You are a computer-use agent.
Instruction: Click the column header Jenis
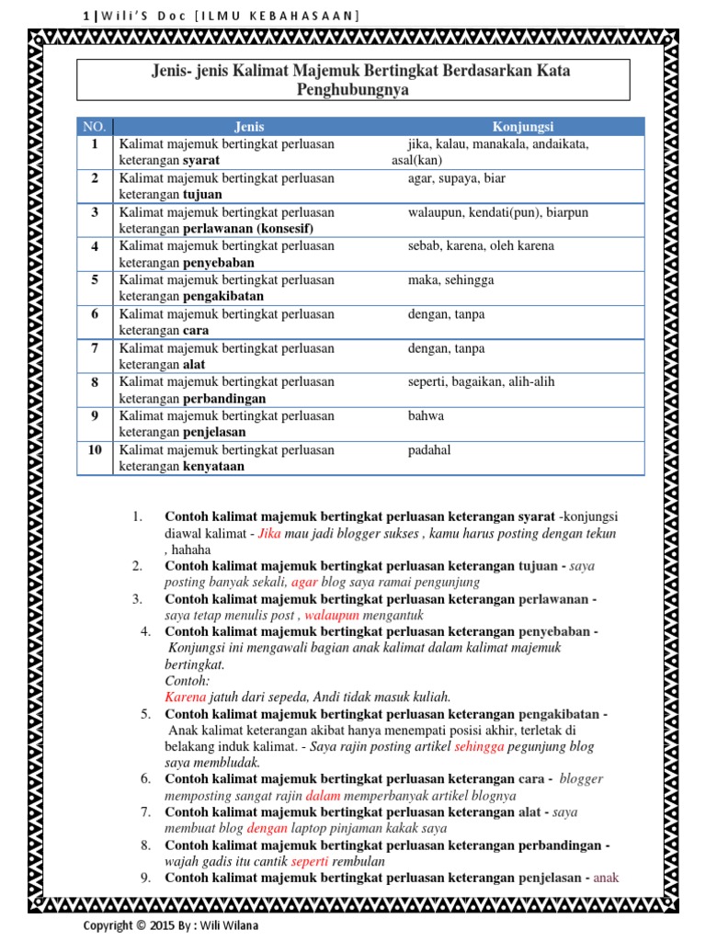point(249,127)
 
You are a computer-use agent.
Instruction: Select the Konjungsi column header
point(522,127)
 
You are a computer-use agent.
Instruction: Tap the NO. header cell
point(95,127)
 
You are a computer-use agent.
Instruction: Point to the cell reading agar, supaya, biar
point(457,178)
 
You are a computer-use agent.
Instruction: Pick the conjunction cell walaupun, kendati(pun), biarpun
point(497,212)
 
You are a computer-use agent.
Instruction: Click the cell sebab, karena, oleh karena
point(481,246)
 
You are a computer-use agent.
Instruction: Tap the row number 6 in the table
point(95,314)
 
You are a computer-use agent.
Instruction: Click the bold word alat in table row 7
point(195,365)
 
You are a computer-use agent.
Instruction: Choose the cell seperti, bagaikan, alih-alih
point(481,382)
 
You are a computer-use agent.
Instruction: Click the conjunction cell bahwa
point(426,416)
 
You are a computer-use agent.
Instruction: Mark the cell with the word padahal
point(429,450)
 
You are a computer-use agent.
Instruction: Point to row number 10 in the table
point(95,450)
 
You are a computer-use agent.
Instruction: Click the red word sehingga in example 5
point(479,746)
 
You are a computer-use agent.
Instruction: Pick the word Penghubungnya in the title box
point(353,91)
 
